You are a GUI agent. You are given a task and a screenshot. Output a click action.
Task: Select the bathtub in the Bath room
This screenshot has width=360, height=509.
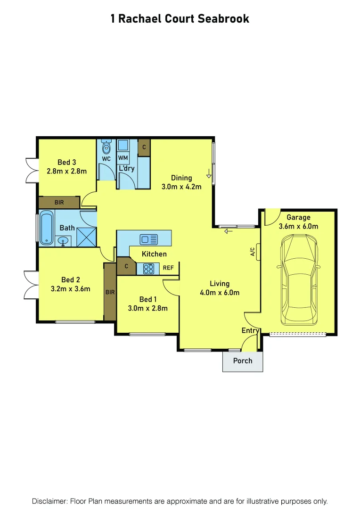[x=46, y=228]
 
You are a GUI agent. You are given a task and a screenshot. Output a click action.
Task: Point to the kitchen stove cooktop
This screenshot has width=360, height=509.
[x=148, y=269]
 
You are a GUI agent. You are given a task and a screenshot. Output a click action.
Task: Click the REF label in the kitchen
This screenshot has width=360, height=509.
[x=168, y=268]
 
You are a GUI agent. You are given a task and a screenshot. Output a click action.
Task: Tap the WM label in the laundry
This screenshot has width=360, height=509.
[x=123, y=157]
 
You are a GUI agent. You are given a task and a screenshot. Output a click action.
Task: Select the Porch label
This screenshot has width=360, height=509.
[x=243, y=361]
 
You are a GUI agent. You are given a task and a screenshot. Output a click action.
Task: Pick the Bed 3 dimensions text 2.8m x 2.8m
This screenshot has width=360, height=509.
[x=66, y=172]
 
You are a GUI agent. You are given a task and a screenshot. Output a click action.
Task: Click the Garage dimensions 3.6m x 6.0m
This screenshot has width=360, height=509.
[x=299, y=226]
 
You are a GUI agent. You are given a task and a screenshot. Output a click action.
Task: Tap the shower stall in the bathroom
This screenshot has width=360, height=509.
[x=86, y=237]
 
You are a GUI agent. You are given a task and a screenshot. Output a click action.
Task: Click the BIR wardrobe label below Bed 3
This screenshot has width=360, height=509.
[x=59, y=202]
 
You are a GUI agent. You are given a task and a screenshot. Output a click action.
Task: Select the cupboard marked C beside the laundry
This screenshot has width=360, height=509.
[x=144, y=147]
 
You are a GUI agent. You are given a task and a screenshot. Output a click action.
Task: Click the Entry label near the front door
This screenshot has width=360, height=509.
[x=250, y=331]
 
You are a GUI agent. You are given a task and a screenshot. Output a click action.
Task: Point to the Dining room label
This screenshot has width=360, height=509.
[x=181, y=178]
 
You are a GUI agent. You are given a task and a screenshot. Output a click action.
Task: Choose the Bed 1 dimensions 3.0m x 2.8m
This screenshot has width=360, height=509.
[x=147, y=309]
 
